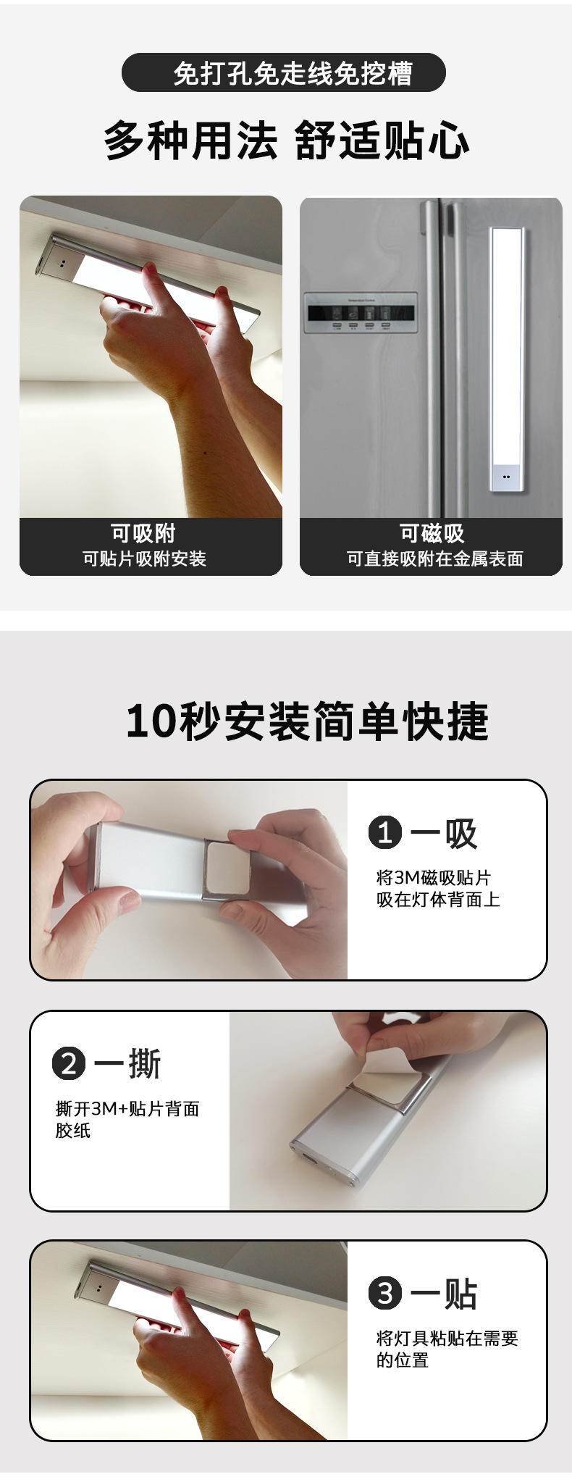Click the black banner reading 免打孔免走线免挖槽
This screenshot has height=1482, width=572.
click(284, 73)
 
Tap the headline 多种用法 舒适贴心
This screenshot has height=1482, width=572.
click(287, 141)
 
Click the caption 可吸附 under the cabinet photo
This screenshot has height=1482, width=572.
click(143, 533)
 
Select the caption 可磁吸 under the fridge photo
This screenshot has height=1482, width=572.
click(432, 533)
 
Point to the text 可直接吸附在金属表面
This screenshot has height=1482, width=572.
click(434, 558)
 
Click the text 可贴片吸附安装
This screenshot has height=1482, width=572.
click(144, 558)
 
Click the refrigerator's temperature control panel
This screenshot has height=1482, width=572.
click(361, 313)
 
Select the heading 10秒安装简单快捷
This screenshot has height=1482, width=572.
click(307, 721)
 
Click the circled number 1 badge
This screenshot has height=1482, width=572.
click(385, 832)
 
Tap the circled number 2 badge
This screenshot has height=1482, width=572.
click(69, 1063)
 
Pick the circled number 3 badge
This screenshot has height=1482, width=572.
click(385, 1293)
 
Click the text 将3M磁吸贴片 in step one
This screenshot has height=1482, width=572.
click(433, 878)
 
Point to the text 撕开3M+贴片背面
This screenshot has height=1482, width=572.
click(127, 1108)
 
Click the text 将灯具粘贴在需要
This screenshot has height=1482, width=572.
click(447, 1338)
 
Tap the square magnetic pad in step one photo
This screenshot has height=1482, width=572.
click(228, 868)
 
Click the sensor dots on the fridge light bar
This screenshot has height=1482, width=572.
click(506, 477)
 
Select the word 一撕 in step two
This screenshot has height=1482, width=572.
click(127, 1063)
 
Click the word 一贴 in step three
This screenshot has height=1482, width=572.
click(444, 1293)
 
